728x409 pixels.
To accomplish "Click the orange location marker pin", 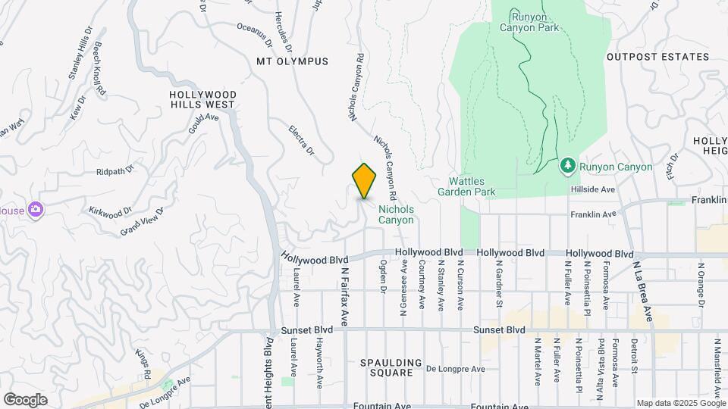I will point(364,180).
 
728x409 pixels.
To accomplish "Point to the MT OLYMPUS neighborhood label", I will point(292,61).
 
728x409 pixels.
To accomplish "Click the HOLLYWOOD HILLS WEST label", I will point(203,99).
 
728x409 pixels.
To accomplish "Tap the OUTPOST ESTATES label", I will point(657,57).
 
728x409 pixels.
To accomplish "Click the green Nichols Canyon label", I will point(396,214).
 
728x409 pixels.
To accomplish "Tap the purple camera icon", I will point(34,210).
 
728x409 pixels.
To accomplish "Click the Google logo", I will point(25,399).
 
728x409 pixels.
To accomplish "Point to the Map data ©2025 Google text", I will point(679,403).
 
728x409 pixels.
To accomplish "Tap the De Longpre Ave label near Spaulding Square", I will point(455,370).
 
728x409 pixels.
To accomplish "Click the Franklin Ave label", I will point(593,214).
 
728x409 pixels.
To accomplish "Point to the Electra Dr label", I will point(301,140).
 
